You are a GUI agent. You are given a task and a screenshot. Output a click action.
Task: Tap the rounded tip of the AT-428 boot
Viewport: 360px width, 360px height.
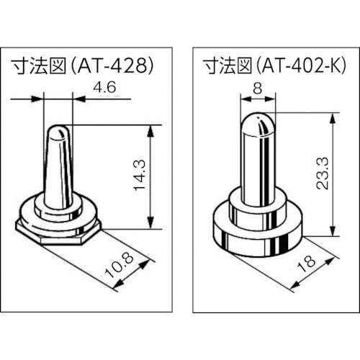click(x=59, y=135)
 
